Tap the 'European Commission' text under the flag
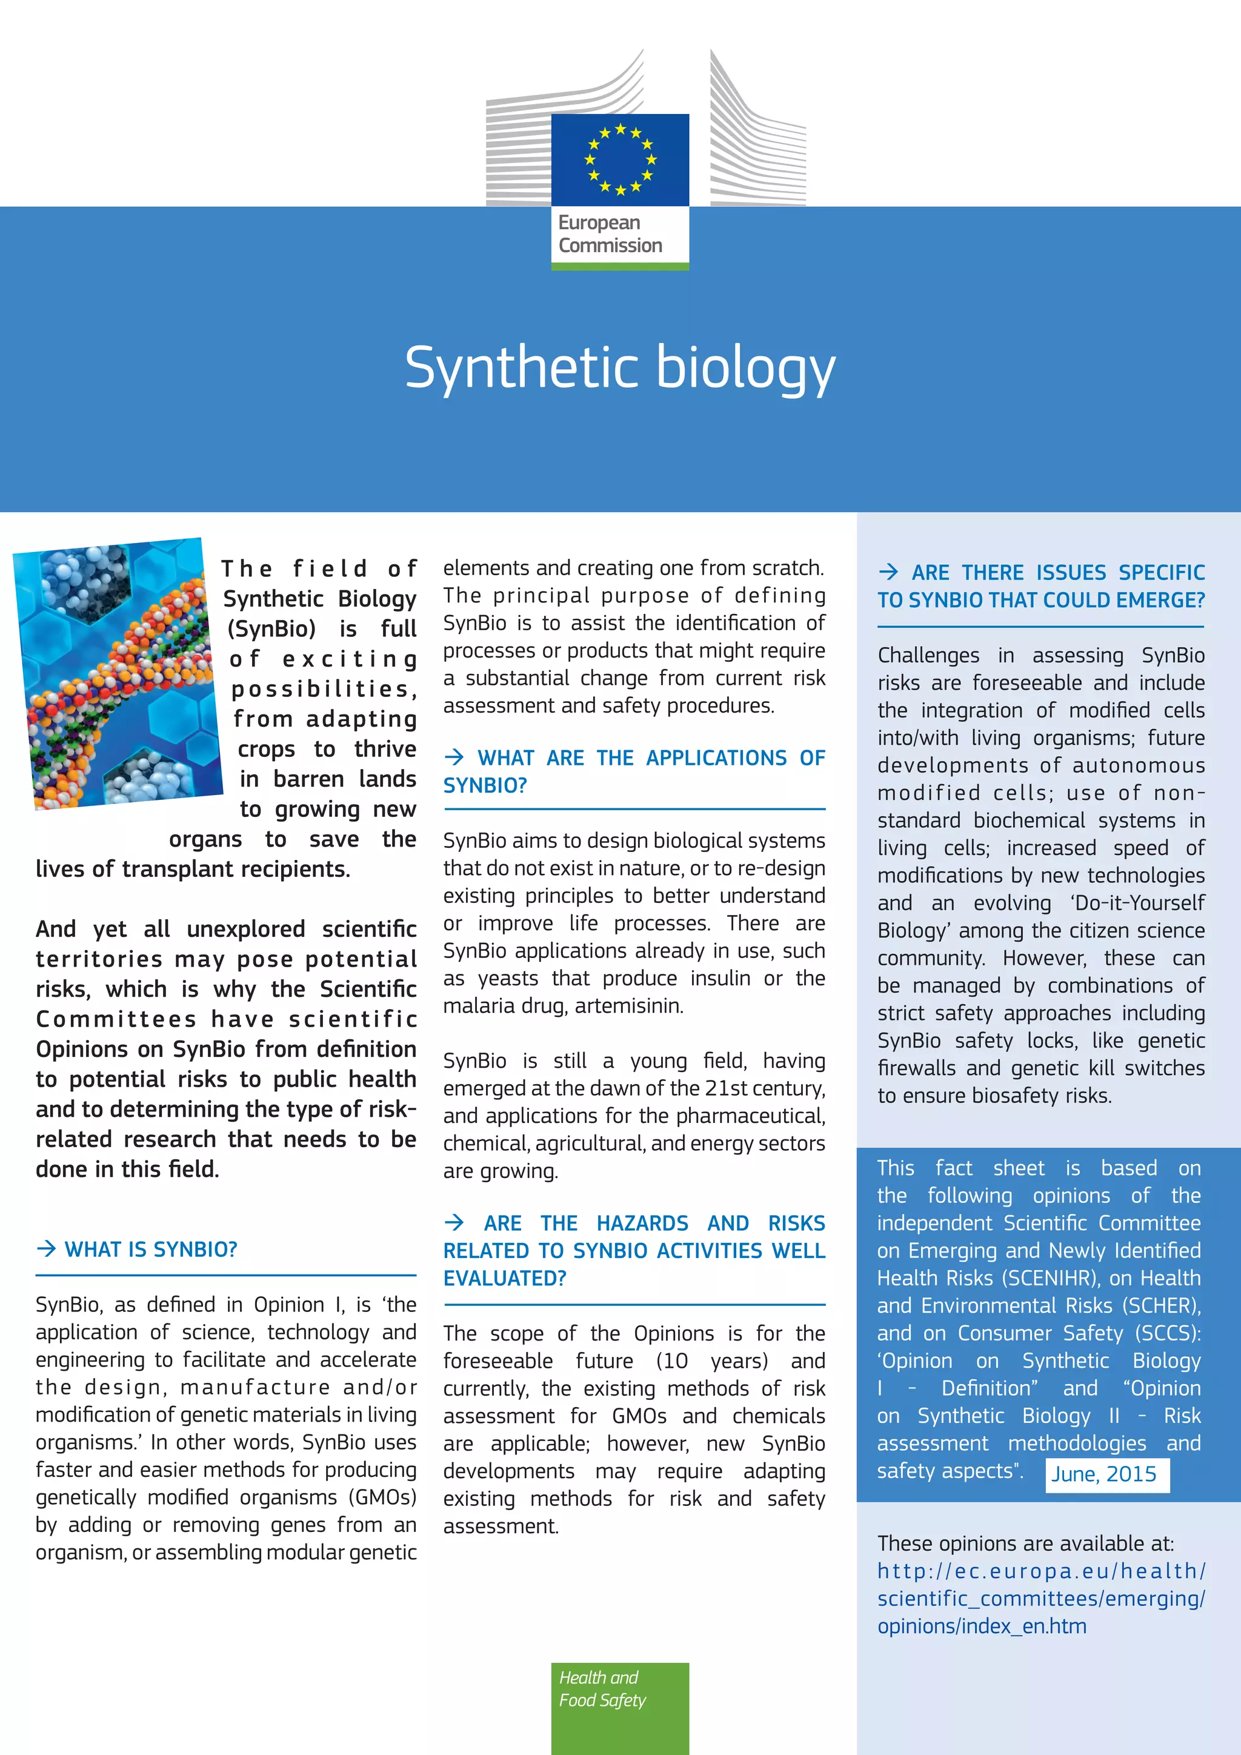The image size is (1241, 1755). click(610, 234)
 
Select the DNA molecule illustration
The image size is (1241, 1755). click(118, 673)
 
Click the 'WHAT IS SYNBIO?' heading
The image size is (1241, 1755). click(150, 1249)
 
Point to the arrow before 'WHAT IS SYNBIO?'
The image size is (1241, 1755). click(47, 1248)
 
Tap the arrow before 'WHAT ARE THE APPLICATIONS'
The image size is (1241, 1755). click(454, 757)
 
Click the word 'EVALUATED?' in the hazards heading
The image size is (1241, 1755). click(505, 1278)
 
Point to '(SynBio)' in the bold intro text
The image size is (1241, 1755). click(271, 628)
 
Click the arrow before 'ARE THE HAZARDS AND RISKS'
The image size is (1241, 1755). click(454, 1222)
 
